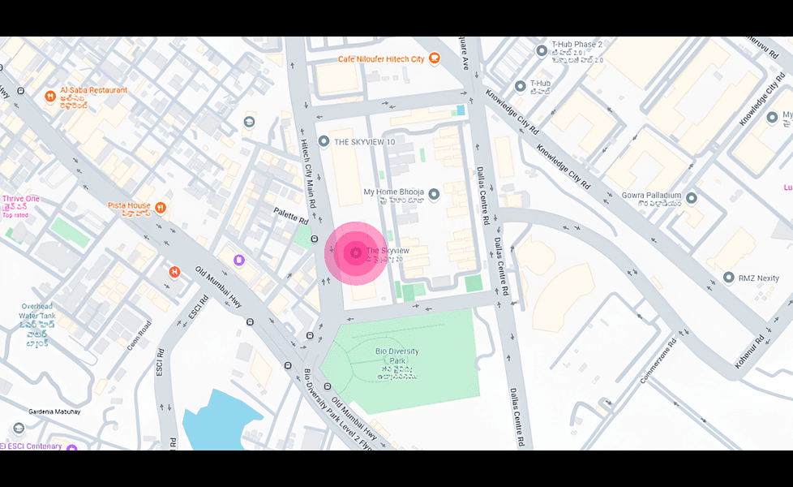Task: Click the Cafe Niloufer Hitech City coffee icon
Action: (x=434, y=58)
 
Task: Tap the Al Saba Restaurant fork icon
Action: (x=50, y=96)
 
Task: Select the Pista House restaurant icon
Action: (x=161, y=207)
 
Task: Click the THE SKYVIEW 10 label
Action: (x=365, y=142)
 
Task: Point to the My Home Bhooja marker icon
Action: (x=434, y=194)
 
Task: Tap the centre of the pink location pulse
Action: (x=355, y=254)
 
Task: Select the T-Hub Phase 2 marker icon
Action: (x=542, y=51)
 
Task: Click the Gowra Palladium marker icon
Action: (x=691, y=197)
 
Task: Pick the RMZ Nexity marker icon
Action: (x=728, y=278)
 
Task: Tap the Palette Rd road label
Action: (x=291, y=216)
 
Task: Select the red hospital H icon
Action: (x=174, y=271)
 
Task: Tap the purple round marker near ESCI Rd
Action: (x=238, y=260)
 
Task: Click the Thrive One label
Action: (x=20, y=199)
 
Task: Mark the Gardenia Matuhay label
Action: (x=55, y=412)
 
